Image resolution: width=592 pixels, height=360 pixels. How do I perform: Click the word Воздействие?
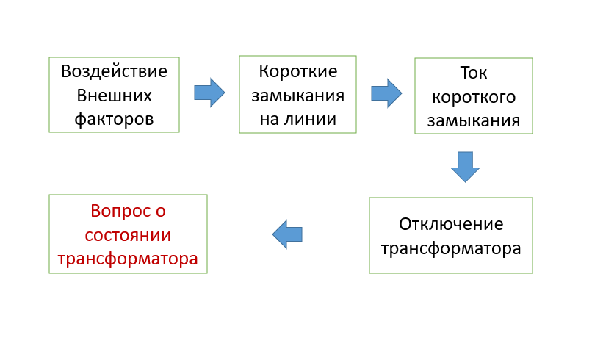tap(114, 71)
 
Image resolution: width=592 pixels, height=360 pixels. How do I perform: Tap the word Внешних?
tap(114, 96)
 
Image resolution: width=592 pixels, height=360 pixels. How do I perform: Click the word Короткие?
tap(297, 71)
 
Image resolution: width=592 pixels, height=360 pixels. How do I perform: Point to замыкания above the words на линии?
tap(297, 96)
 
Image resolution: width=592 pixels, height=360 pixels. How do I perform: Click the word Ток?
tap(473, 73)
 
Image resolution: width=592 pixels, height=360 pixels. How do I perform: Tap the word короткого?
tap(473, 97)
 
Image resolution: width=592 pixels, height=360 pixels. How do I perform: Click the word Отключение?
tap(451, 223)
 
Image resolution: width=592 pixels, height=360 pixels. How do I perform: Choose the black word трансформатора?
tap(451, 248)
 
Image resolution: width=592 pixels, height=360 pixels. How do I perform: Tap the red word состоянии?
tap(128, 235)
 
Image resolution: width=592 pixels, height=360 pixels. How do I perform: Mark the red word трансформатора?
tap(128, 259)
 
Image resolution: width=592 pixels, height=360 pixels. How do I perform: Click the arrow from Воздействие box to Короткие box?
tap(209, 93)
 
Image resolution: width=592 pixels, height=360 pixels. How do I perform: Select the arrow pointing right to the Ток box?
tap(386, 93)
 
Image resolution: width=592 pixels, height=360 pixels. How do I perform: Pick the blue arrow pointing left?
tap(287, 234)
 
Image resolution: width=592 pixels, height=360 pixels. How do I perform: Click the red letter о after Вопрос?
tap(161, 211)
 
